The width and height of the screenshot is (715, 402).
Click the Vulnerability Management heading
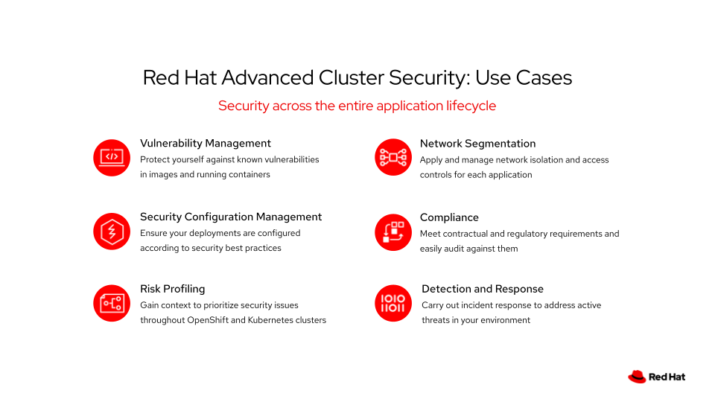206,143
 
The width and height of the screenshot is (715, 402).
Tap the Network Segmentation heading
477,143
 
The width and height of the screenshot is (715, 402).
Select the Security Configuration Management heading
231,217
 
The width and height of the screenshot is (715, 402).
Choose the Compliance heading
449,217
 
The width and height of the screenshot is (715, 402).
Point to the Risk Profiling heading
172,289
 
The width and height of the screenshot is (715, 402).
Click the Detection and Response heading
482,289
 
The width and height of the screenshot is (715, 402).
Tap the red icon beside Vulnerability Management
112,157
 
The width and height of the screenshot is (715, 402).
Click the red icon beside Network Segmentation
393,157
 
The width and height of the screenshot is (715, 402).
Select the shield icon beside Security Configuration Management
112,231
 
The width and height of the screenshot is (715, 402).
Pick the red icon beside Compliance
393,231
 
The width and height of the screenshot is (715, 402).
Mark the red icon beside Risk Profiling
112,303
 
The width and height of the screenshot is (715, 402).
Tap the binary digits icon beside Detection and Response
393,303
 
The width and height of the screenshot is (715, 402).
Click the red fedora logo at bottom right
637,377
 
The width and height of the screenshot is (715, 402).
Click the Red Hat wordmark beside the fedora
667,377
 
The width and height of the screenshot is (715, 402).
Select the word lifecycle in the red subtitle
471,106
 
